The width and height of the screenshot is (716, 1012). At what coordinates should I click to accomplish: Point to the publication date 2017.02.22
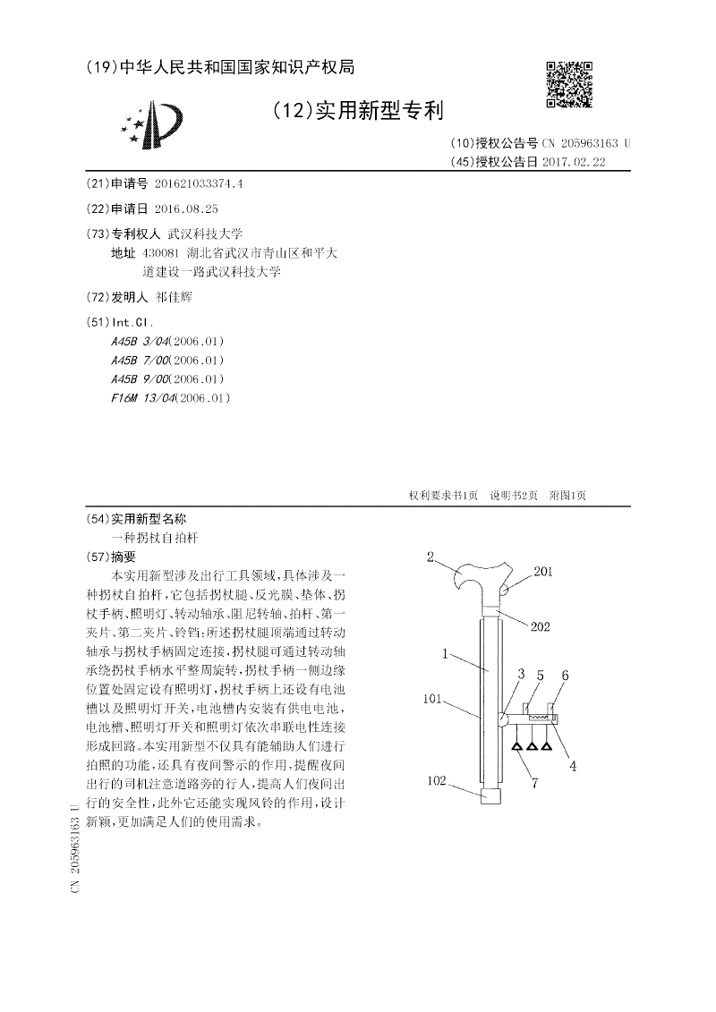click(x=575, y=162)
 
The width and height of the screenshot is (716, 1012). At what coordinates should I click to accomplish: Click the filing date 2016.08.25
click(x=186, y=208)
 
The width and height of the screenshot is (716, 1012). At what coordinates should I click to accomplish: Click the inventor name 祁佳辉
click(x=175, y=296)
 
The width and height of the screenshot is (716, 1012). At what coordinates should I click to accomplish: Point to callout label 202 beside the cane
click(x=540, y=626)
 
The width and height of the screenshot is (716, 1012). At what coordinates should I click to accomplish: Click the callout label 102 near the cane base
click(x=436, y=781)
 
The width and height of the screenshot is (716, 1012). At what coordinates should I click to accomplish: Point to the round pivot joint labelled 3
click(x=502, y=718)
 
